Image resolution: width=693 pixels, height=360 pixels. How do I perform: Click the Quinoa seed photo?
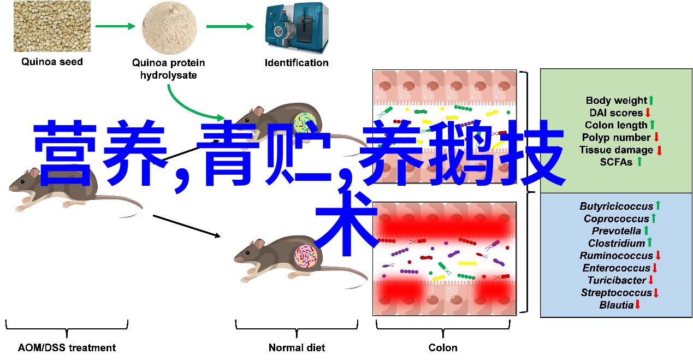pyautogui.click(x=52, y=26)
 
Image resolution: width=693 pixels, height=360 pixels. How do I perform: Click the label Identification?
pyautogui.click(x=297, y=63)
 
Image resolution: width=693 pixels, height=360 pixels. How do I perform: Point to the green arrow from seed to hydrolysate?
pyautogui.click(x=115, y=26)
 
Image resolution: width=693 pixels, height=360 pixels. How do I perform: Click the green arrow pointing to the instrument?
pyautogui.click(x=229, y=26)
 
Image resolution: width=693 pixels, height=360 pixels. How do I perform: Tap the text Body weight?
pyautogui.click(x=616, y=101)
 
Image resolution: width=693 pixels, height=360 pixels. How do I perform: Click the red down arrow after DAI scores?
pyautogui.click(x=648, y=113)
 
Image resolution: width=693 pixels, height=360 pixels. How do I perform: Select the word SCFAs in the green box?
pyautogui.click(x=615, y=162)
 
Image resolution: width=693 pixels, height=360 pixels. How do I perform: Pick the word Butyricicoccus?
pyautogui.click(x=616, y=206)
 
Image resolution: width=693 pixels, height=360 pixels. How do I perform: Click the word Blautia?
pyautogui.click(x=616, y=305)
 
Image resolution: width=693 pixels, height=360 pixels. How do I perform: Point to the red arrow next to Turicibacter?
pyautogui.click(x=651, y=280)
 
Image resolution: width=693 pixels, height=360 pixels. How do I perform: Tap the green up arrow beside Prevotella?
pyautogui.click(x=646, y=231)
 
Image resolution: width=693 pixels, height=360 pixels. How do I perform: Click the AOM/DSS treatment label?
pyautogui.click(x=67, y=347)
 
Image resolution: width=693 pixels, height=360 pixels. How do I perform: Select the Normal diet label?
pyautogui.click(x=297, y=347)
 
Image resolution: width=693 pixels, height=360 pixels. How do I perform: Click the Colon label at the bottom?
pyautogui.click(x=443, y=347)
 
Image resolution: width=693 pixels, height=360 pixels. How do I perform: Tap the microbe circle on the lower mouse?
pyautogui.click(x=306, y=257)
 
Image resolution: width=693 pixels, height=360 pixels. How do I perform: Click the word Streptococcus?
pyautogui.click(x=615, y=293)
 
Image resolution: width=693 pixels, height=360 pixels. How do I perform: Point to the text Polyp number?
pyautogui.click(x=616, y=138)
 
